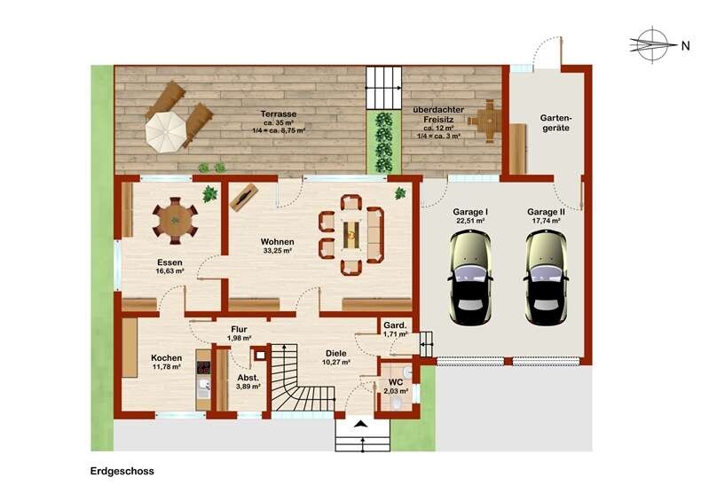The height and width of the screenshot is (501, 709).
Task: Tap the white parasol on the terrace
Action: [x=163, y=132]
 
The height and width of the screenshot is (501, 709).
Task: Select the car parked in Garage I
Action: [x=469, y=278]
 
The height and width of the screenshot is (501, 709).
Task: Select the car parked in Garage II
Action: [x=546, y=278]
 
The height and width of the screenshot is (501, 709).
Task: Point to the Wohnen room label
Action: [x=277, y=242]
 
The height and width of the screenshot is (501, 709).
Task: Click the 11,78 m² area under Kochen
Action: [x=167, y=367]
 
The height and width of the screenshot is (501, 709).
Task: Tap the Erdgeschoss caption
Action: [x=122, y=471]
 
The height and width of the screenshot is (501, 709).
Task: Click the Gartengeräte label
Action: [x=555, y=123]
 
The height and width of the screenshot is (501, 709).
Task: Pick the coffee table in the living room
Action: [x=351, y=234]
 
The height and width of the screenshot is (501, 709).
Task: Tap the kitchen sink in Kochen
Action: [x=203, y=385]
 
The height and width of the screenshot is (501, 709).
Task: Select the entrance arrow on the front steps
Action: [x=362, y=424]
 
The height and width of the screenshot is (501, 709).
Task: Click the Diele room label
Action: [x=336, y=353]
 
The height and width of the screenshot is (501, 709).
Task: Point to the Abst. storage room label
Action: [x=248, y=378]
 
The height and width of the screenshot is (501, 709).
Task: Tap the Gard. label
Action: [x=395, y=325]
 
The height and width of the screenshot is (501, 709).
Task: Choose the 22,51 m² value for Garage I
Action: [x=470, y=221]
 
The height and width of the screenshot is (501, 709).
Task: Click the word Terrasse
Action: [x=279, y=114]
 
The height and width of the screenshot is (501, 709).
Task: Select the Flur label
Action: [x=239, y=329]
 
